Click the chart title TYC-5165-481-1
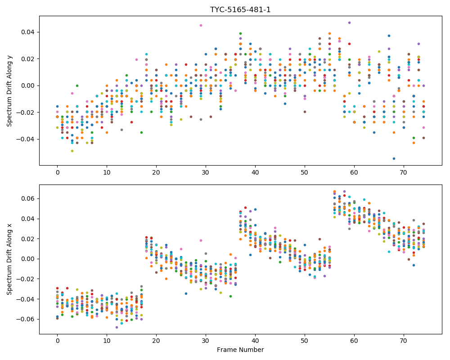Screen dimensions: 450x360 [240, 10]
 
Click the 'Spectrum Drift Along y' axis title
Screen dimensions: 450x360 [9, 91]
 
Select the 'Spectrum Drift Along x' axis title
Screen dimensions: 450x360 [9, 259]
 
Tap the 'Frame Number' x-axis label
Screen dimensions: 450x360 [240, 350]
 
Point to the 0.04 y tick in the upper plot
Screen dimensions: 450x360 [28, 32]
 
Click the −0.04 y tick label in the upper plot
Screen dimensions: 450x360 [26, 139]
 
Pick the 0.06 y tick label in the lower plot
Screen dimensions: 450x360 [28, 198]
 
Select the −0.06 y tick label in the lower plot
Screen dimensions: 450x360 [26, 319]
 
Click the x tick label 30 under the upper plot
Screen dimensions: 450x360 [206, 172]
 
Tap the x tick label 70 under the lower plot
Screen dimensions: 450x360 [404, 341]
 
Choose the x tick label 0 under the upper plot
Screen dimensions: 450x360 [58, 172]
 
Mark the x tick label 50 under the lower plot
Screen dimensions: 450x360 [305, 341]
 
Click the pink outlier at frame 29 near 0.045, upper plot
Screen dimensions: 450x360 [201, 26]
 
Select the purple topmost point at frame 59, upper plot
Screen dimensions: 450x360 [349, 22]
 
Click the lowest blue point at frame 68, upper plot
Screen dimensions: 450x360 [394, 158]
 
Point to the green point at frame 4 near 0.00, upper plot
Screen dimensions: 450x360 [77, 85]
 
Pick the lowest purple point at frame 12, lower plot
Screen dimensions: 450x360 [117, 327]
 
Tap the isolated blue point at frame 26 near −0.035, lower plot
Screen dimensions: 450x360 [186, 294]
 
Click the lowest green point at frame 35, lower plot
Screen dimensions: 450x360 [230, 296]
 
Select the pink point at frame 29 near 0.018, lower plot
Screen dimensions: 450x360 [201, 241]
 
